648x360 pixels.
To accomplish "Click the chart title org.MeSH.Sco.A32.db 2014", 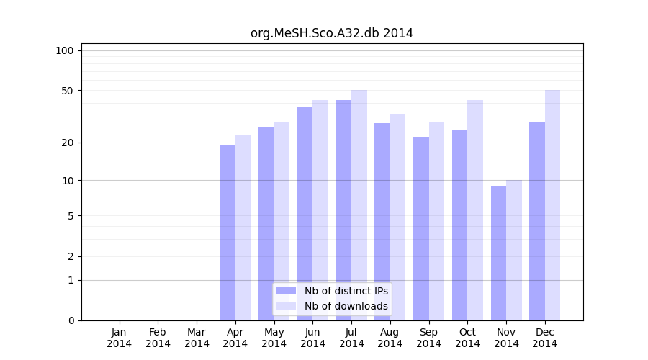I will [x=331, y=33].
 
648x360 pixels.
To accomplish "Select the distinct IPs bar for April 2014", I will [x=228, y=233].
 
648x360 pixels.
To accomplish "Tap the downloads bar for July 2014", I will [x=359, y=205].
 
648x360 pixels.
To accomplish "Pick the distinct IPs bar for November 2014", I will [x=498, y=253].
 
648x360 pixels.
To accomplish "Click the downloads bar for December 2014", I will [x=552, y=205].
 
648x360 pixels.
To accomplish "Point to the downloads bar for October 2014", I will [x=475, y=210].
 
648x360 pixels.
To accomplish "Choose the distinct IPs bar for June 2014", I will [x=305, y=214].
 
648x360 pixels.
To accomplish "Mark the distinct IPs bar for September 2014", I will [x=421, y=228].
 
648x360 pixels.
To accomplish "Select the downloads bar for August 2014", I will [x=397, y=217].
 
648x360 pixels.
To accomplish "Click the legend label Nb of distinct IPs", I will [x=346, y=291].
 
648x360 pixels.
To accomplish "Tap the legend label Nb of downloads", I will [x=346, y=306].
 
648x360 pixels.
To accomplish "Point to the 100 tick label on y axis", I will [x=65, y=50].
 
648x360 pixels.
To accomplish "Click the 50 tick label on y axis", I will [x=68, y=91].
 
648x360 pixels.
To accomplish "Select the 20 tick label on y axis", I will [x=68, y=143].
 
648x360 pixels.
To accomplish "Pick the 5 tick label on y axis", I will [x=71, y=215].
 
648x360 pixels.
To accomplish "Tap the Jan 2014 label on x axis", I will [x=120, y=338].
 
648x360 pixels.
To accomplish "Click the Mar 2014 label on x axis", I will [x=197, y=338].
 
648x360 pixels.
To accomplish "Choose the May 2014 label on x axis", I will [x=274, y=338].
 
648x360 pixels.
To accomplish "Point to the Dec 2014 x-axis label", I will [x=545, y=338].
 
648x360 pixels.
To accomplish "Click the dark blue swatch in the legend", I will [x=287, y=291].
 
